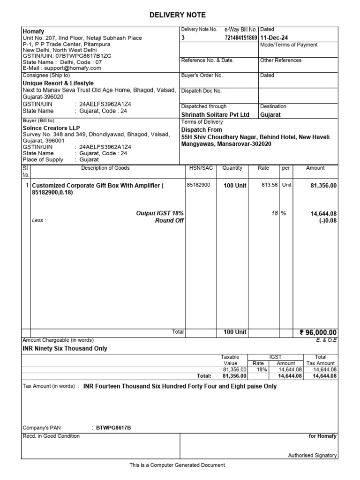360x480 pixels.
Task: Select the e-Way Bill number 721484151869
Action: [241, 37]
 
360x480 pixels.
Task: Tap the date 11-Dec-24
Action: [274, 37]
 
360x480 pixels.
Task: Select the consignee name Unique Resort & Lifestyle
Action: [58, 83]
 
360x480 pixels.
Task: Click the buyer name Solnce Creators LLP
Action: [52, 128]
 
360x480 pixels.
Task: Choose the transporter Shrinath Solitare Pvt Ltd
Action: [215, 114]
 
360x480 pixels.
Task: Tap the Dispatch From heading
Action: [202, 130]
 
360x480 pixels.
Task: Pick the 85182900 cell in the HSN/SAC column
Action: [199, 185]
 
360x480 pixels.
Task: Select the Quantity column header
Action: [232, 168]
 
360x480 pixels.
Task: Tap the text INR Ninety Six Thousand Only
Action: [65, 349]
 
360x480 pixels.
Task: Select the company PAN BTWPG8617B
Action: [113, 428]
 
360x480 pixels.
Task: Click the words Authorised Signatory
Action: [312, 455]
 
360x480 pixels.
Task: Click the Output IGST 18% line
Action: [160, 213]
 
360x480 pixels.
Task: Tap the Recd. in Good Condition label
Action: [51, 436]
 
